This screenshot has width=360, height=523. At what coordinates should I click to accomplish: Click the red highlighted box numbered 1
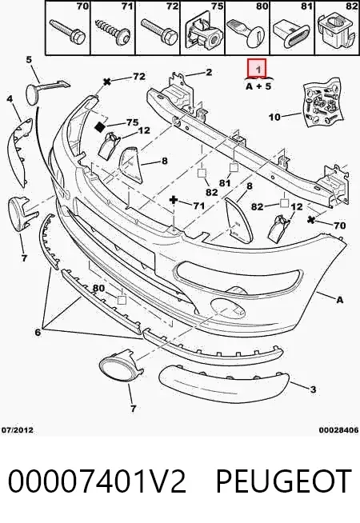(256, 68)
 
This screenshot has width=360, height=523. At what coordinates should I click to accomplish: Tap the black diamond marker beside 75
(100, 126)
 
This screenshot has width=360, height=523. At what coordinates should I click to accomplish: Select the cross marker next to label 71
(174, 200)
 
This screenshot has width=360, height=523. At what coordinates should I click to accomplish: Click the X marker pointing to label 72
(107, 82)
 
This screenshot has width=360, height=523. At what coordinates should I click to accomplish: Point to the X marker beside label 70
(312, 220)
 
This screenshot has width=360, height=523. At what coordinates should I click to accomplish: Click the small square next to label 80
(122, 300)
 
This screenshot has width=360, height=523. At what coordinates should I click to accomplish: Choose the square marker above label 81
(234, 167)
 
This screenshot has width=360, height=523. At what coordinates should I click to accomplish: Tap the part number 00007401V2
(97, 481)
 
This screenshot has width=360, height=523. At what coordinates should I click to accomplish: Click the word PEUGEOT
(284, 481)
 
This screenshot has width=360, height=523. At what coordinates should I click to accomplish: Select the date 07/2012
(18, 429)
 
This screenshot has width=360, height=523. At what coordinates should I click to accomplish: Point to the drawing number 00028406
(339, 430)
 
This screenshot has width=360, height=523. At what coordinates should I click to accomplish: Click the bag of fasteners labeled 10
(323, 103)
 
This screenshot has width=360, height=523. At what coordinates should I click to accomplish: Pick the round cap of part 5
(34, 94)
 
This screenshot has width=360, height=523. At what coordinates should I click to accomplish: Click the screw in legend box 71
(112, 32)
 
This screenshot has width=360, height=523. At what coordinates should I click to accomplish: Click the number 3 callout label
(313, 389)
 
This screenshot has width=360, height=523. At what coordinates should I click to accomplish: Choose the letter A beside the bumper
(339, 300)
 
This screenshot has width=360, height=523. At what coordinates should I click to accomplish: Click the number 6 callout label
(38, 332)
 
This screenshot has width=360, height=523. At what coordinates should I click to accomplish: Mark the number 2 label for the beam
(209, 72)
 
